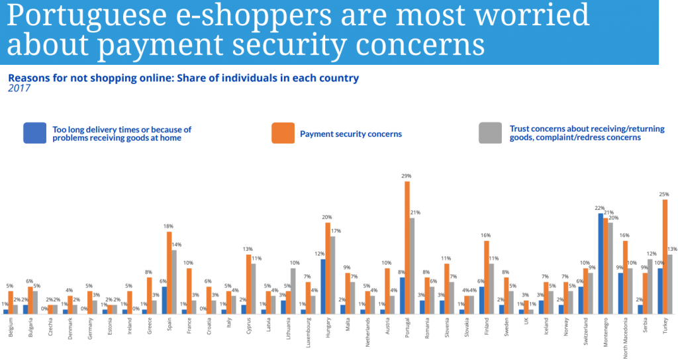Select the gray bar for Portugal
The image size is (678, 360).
pos(412,265)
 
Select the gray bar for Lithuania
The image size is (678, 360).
pos(293,291)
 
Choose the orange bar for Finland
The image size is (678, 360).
pos(487,277)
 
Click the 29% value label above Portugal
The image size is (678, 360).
pos(407,176)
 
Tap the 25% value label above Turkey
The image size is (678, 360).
pos(665,194)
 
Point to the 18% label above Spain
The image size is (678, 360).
pos(169,226)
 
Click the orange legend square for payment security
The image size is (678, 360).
pos(282,133)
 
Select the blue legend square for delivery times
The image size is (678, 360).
pos(34,133)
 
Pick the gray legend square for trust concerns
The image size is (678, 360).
pos(489,133)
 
